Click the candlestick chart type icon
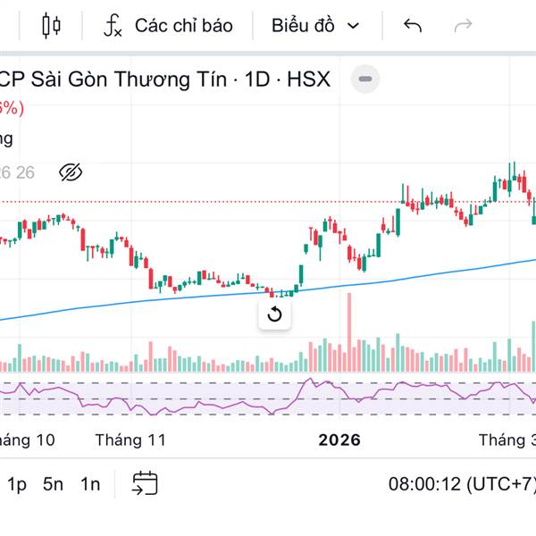point(51,26)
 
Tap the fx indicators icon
point(113,26)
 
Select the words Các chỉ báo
point(183,26)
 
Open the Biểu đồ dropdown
point(315,26)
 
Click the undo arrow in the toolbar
point(412,26)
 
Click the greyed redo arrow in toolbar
point(463,26)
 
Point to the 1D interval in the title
point(258,80)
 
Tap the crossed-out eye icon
point(70,172)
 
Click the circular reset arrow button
point(274,314)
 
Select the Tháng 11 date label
point(130,440)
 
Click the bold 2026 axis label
point(339,440)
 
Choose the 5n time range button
point(54,485)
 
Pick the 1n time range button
point(90,485)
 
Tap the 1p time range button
point(17,485)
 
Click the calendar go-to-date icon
point(145,484)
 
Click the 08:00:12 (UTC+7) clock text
point(461,485)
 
